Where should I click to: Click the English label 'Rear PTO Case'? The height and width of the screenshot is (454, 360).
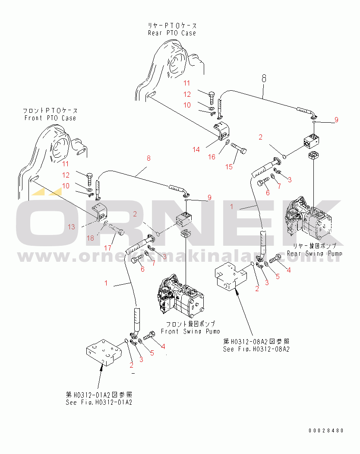(172, 33)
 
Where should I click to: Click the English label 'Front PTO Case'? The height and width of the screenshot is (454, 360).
(50, 118)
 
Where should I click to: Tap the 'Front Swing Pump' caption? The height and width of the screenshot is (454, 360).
(190, 331)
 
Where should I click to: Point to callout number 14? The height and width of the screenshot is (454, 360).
(196, 149)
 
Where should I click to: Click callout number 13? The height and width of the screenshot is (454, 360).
(71, 227)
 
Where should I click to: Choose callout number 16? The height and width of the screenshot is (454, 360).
(212, 157)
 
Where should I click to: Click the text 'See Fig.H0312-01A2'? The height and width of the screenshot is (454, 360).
(99, 402)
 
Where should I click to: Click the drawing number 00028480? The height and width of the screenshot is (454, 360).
(326, 431)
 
